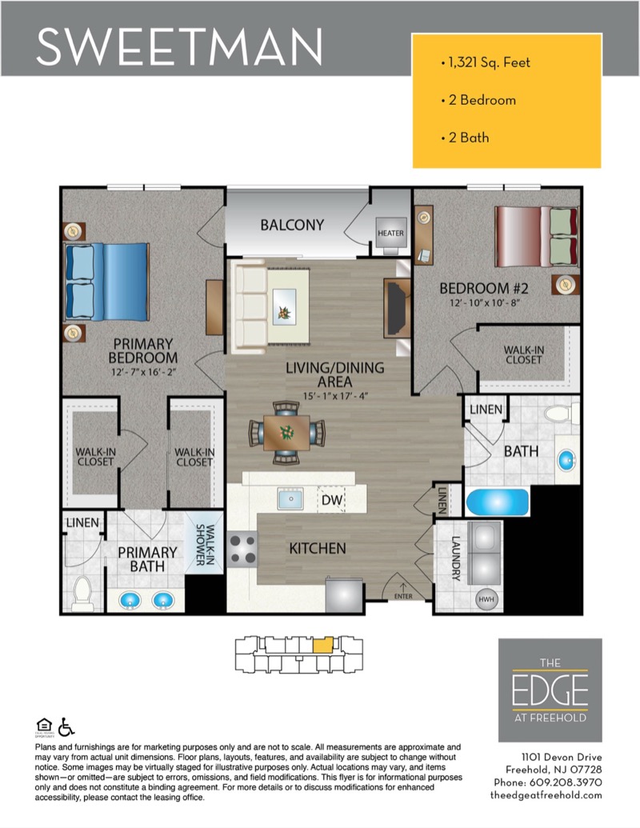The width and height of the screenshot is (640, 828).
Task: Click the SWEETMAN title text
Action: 179,46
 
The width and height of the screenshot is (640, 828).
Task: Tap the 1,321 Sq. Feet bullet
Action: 486,62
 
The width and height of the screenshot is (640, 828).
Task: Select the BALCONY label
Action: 292,225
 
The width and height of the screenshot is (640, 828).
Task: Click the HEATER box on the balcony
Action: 390,232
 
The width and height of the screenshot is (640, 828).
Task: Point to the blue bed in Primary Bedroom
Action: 106,282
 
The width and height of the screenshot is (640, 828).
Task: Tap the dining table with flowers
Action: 286,433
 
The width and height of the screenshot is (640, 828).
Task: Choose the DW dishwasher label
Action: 332,500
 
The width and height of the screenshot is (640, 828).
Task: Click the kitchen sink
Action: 290,498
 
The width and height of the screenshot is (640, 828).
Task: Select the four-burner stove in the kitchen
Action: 242,549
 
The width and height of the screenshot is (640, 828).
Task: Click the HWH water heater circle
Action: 486,599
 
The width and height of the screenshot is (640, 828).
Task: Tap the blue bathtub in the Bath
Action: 497,502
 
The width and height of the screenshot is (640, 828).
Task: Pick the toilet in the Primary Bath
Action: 82,593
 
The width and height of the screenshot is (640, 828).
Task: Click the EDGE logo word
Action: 550,690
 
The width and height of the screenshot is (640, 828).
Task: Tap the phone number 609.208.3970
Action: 566,782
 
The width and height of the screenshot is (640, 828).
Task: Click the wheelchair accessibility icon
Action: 66,727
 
